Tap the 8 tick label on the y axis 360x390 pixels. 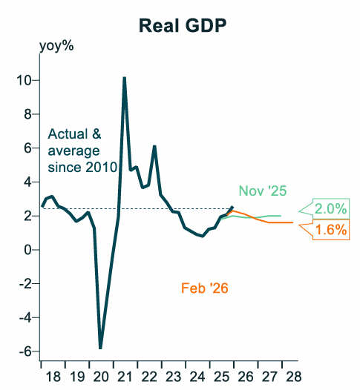tap(28, 114)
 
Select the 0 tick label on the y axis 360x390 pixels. tap(28, 250)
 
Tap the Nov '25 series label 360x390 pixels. tap(262, 191)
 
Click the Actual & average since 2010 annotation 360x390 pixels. tap(82, 151)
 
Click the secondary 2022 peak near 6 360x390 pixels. tap(154, 146)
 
